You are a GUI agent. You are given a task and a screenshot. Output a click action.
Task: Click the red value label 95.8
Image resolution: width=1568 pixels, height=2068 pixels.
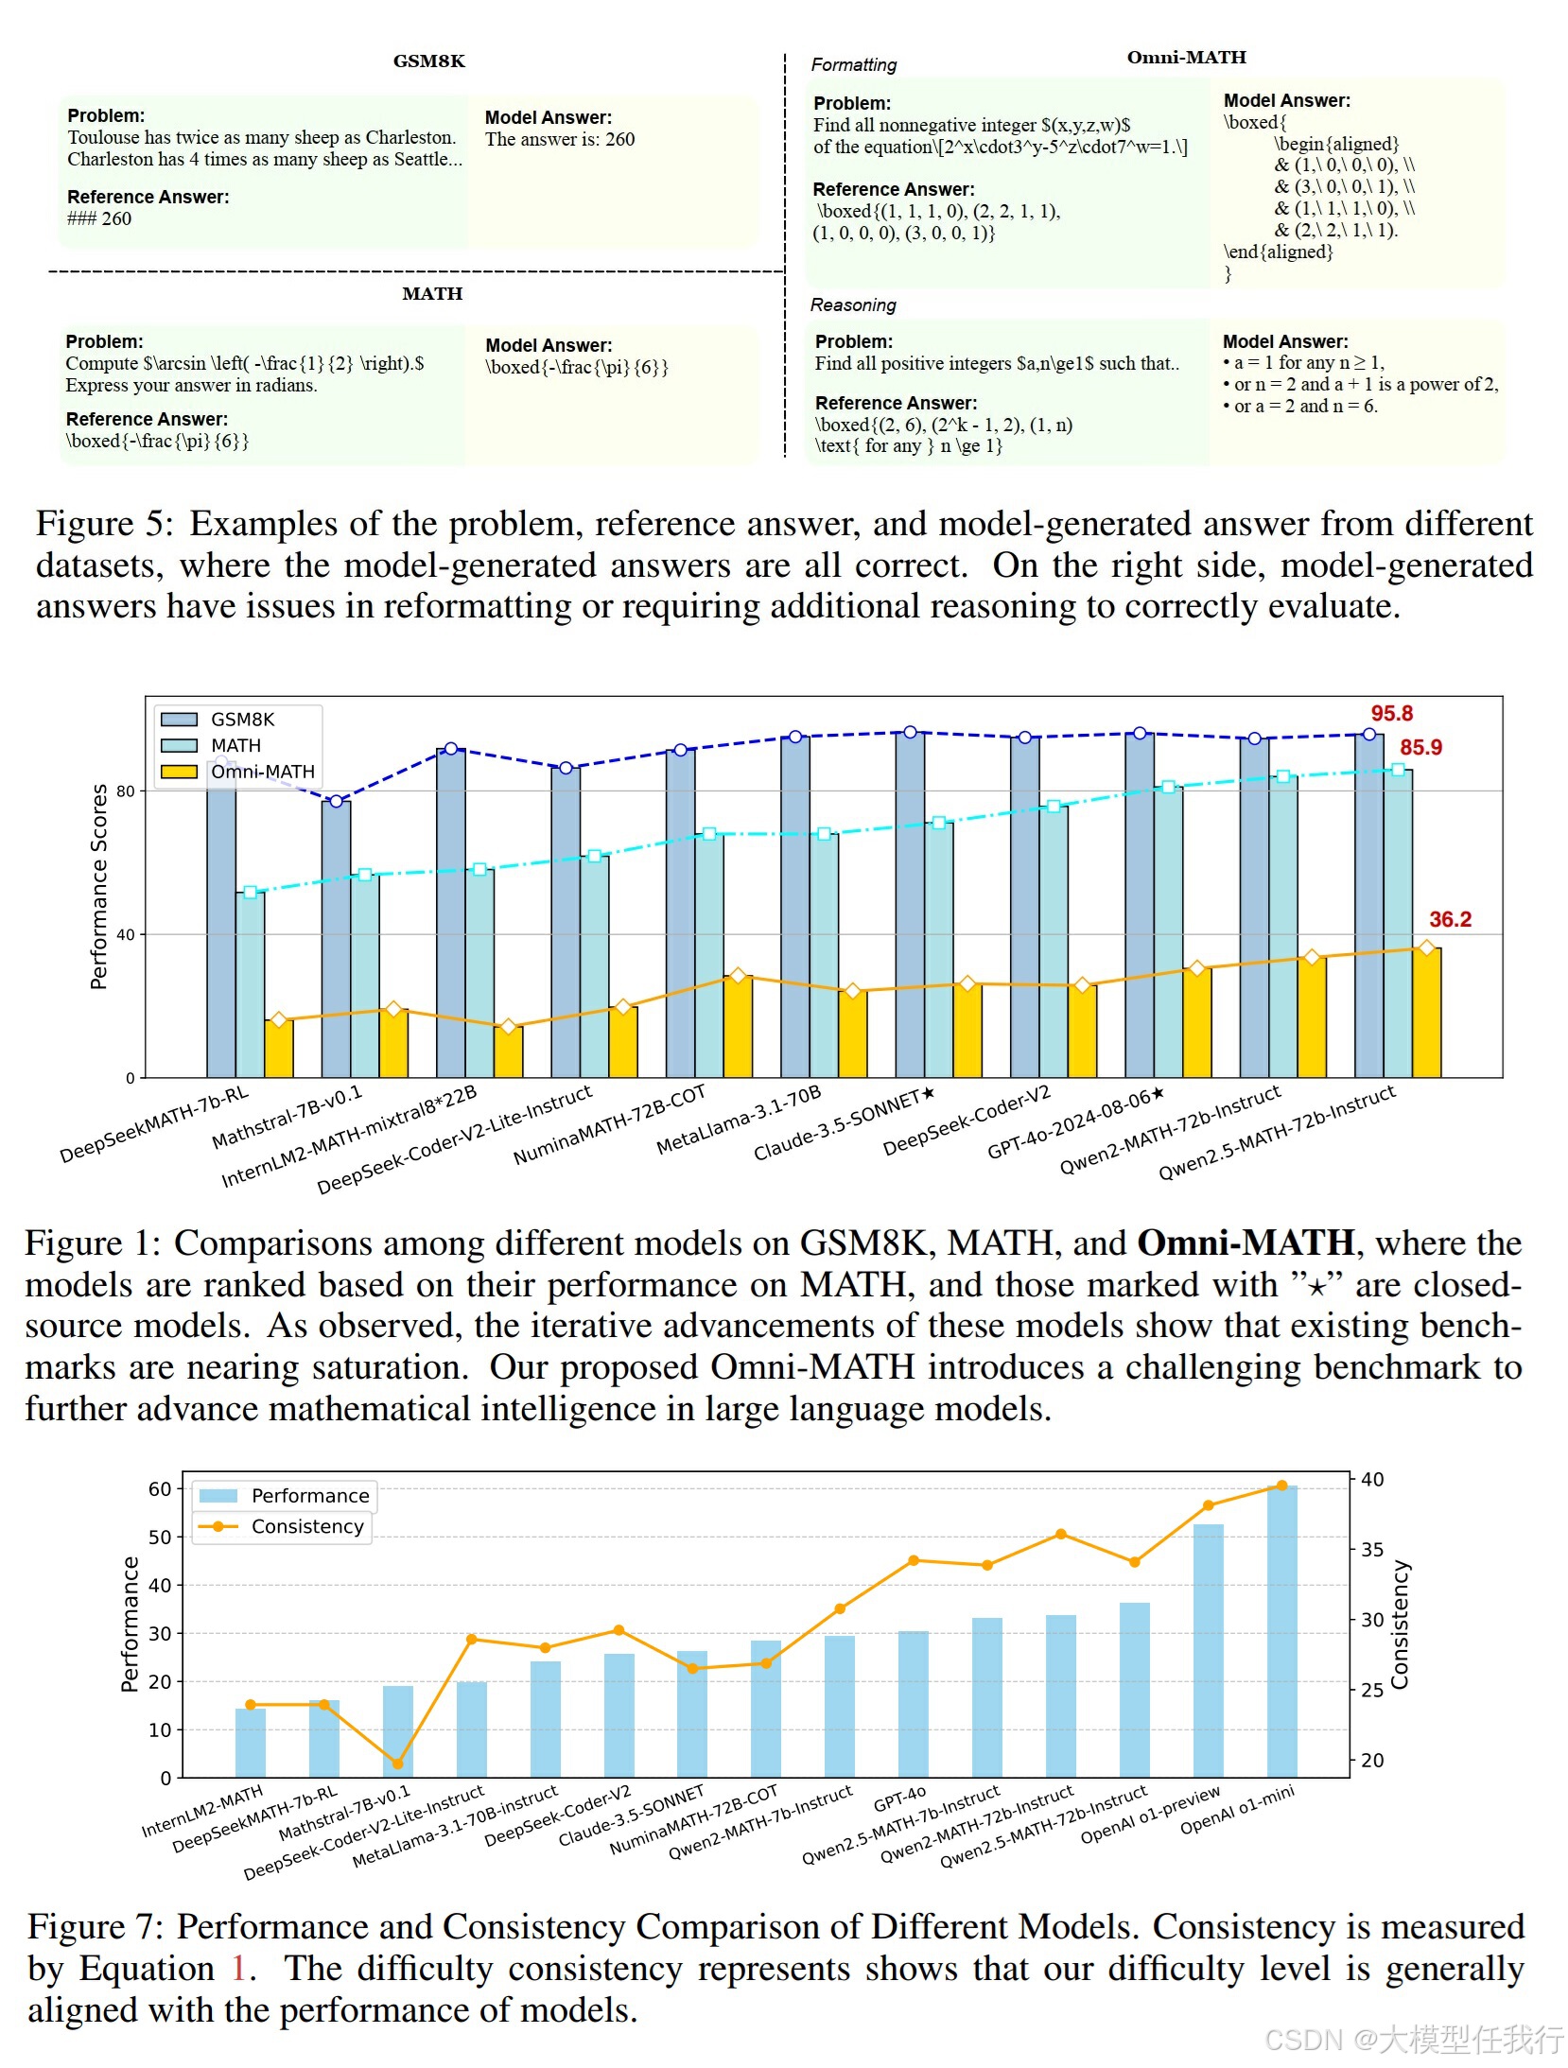click(1391, 714)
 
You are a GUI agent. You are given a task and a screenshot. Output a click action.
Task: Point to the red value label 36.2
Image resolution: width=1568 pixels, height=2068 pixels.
click(1450, 919)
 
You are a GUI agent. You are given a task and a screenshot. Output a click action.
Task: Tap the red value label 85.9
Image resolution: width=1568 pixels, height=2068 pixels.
click(1420, 747)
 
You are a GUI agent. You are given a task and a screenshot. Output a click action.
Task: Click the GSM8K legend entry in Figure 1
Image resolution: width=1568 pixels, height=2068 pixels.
click(242, 720)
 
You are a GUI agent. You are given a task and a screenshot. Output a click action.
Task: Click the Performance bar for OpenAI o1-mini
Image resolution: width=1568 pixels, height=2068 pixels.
click(1281, 1631)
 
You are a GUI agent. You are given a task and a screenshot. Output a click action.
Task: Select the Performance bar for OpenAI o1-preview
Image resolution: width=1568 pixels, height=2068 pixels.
click(1208, 1650)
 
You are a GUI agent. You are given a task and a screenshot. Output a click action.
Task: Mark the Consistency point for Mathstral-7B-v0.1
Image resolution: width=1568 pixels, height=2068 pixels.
click(397, 1764)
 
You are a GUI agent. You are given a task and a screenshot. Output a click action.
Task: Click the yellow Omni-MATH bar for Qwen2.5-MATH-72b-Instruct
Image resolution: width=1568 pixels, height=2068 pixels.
click(1426, 1012)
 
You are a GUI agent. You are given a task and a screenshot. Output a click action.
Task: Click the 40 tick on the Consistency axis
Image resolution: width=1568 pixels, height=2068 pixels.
click(1372, 1479)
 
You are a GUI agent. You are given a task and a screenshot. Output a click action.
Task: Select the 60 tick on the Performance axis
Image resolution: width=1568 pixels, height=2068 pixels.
click(160, 1489)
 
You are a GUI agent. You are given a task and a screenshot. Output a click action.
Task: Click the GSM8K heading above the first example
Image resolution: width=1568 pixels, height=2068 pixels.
click(428, 61)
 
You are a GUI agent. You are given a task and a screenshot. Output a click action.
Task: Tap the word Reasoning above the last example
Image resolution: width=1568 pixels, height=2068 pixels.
click(853, 305)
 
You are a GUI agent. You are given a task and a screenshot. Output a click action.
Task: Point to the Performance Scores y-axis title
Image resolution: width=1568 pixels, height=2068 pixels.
click(98, 886)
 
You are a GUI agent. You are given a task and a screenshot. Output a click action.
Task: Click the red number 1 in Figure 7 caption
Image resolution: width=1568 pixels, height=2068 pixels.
click(238, 1969)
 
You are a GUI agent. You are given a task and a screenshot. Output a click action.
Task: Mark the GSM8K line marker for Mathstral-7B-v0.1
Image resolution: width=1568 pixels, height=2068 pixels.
click(336, 801)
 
